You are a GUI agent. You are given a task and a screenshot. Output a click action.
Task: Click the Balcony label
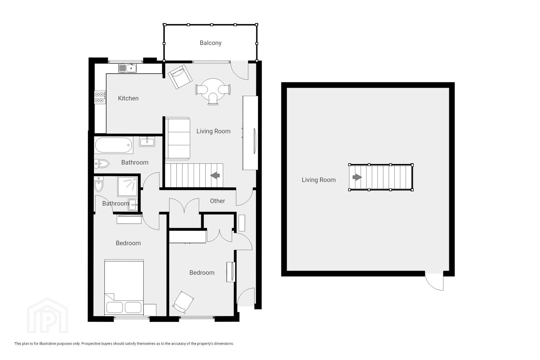[210, 43]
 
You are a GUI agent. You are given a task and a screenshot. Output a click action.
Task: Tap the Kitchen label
[128, 98]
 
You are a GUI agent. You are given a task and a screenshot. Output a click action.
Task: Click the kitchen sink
[128, 68]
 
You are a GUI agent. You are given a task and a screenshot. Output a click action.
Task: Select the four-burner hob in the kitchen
[100, 97]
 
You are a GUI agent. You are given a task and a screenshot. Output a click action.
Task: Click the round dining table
[213, 89]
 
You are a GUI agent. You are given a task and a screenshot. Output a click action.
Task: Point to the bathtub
[113, 145]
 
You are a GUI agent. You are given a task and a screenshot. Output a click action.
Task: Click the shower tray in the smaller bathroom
[128, 186]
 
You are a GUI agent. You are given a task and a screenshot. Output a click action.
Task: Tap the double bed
[124, 287]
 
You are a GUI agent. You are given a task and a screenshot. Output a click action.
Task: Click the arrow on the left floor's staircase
[215, 175]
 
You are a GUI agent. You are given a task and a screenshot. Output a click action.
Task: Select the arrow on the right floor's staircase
[357, 177]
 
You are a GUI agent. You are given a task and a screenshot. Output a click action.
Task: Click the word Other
[217, 201]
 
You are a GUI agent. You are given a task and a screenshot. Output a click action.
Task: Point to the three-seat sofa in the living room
[177, 138]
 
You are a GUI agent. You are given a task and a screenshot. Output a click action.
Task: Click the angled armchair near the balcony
[180, 77]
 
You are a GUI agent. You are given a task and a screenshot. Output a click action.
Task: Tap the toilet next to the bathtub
[101, 164]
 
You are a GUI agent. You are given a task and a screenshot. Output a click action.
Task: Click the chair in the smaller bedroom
[183, 302]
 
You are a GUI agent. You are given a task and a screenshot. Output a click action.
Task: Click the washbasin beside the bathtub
[147, 142]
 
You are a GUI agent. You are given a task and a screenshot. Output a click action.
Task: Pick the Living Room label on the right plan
[318, 180]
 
